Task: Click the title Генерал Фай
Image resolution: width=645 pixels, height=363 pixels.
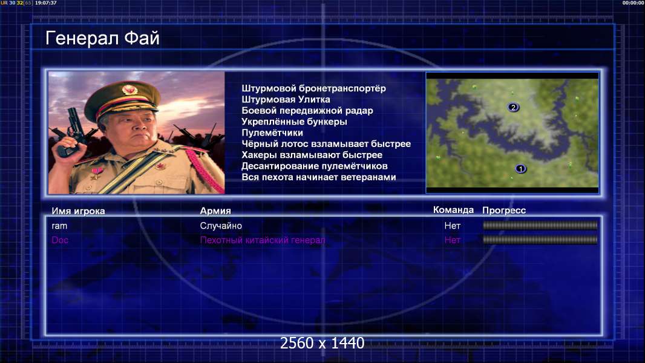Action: pyautogui.click(x=102, y=38)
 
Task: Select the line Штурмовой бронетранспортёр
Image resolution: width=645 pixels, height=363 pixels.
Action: pyautogui.click(x=313, y=88)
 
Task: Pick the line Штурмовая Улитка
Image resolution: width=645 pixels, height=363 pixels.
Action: pyautogui.click(x=286, y=99)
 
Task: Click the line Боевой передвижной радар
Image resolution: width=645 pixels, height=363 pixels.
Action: pyautogui.click(x=307, y=111)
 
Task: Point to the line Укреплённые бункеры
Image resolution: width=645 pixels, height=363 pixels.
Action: pyautogui.click(x=294, y=122)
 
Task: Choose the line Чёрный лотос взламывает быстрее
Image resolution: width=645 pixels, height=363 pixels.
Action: pyautogui.click(x=326, y=144)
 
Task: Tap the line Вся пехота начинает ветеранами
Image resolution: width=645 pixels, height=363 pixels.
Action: pyautogui.click(x=319, y=177)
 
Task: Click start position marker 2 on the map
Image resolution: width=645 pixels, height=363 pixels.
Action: pyautogui.click(x=513, y=107)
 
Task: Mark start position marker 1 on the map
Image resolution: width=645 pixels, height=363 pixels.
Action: pyautogui.click(x=520, y=169)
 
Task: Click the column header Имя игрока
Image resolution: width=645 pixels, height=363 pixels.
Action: pyautogui.click(x=78, y=211)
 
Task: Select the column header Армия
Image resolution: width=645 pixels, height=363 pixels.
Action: pyautogui.click(x=215, y=211)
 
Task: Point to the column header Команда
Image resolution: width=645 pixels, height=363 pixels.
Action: pyautogui.click(x=453, y=210)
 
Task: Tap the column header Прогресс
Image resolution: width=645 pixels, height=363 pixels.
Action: pyautogui.click(x=504, y=211)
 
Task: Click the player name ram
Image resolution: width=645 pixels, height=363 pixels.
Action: pyautogui.click(x=59, y=226)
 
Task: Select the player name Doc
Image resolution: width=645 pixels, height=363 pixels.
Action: pyautogui.click(x=60, y=240)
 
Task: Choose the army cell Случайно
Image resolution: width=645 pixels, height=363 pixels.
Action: pyautogui.click(x=221, y=226)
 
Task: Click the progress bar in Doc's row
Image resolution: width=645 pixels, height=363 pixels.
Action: pyautogui.click(x=540, y=240)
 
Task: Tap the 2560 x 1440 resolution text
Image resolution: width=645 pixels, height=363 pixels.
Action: pyautogui.click(x=322, y=343)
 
